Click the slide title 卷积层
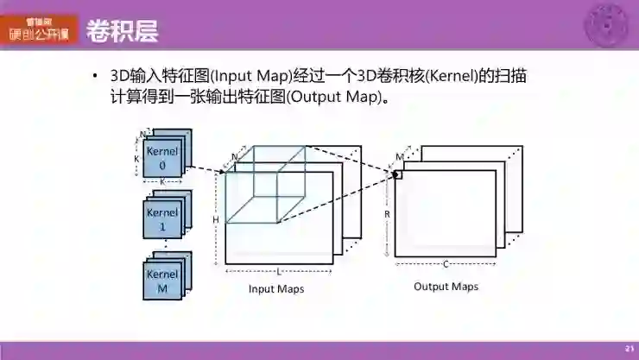pos(122,31)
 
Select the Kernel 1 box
pos(162,219)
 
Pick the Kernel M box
pos(162,281)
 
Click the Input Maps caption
pos(276,288)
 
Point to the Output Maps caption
pos(446,287)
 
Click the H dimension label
pos(216,219)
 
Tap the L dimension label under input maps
pos(277,271)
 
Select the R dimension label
pos(387,212)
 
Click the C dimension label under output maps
pos(446,264)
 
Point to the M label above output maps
pos(400,157)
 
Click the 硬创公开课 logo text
pos(40,35)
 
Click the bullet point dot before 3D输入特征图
pos(96,76)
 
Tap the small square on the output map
pos(398,174)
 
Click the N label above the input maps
pos(234,157)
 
